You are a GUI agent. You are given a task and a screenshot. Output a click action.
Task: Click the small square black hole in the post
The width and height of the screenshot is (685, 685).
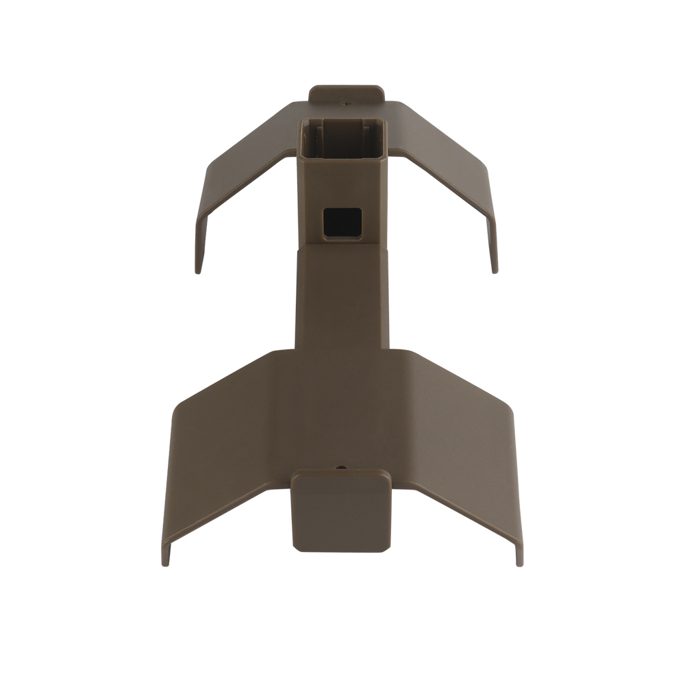point(342,223)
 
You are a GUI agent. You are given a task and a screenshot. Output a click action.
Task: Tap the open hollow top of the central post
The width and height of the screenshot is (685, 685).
point(342,137)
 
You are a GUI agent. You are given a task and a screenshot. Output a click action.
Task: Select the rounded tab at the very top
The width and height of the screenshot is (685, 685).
point(346,93)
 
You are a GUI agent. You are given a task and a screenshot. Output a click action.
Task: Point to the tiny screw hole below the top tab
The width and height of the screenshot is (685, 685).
point(346,105)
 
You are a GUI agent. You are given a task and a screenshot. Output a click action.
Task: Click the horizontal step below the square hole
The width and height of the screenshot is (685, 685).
point(342,245)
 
